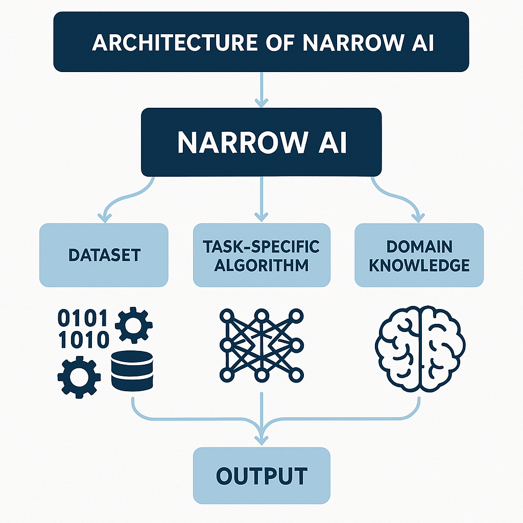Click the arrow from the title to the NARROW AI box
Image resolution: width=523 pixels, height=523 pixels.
(x=261, y=89)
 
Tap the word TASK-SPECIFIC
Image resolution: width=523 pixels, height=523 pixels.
(x=261, y=247)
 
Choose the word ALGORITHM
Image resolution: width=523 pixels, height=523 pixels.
(x=261, y=266)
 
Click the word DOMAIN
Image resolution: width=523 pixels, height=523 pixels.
(x=419, y=247)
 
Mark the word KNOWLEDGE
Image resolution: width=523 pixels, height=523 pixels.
(x=419, y=266)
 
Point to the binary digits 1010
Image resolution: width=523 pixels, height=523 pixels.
(x=83, y=339)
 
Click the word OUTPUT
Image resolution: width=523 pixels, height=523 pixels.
(x=261, y=476)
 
